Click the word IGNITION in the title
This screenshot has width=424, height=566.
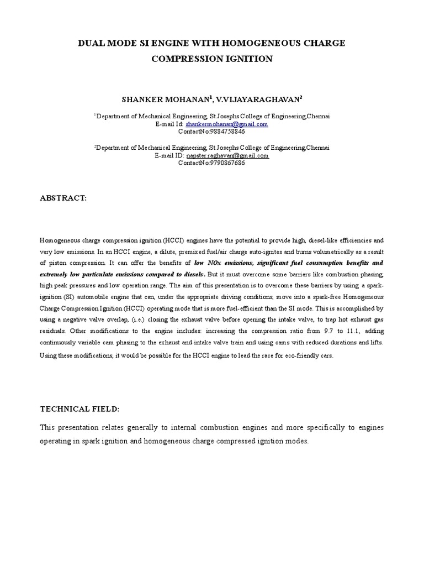click(x=249, y=59)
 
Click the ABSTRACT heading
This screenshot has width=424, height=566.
click(x=63, y=198)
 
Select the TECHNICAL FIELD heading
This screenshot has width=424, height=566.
click(x=79, y=409)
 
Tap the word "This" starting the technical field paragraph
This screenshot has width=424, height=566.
click(x=48, y=428)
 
